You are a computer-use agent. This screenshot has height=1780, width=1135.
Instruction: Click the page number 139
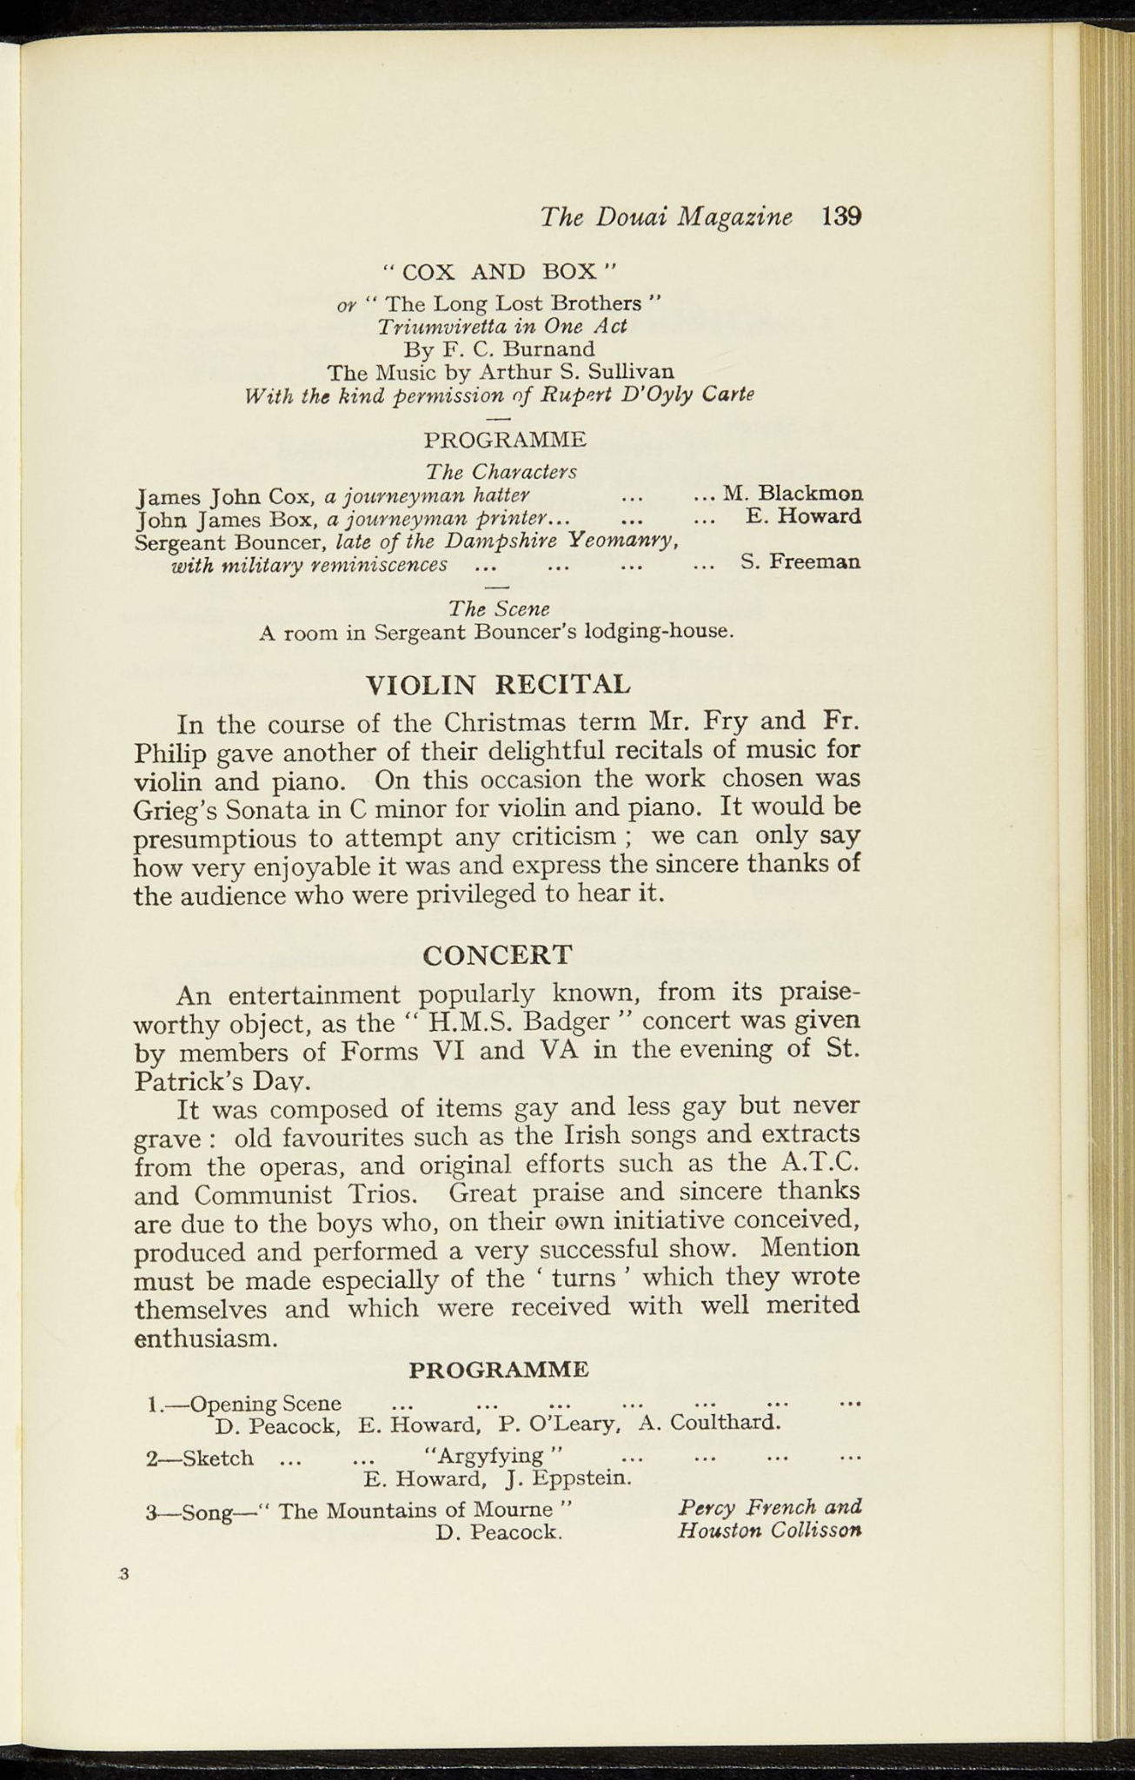pyautogui.click(x=840, y=216)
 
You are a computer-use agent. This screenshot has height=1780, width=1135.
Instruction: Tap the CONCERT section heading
pyautogui.click(x=497, y=954)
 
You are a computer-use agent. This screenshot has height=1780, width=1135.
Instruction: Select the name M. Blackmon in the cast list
pyautogui.click(x=793, y=493)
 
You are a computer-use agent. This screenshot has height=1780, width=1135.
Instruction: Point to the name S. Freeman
pyautogui.click(x=800, y=561)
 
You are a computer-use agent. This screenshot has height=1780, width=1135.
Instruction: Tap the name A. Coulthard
pyautogui.click(x=710, y=1424)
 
